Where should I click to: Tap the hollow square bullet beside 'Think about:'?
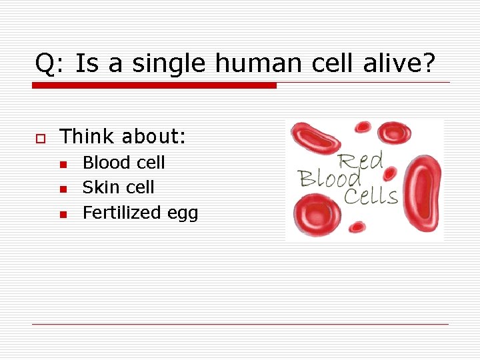[x=40, y=138]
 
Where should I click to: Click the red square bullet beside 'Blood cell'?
[x=62, y=164]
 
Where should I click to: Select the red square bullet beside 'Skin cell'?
[x=62, y=189]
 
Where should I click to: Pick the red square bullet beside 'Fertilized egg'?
[x=62, y=214]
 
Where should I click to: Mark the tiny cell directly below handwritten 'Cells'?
[x=359, y=227]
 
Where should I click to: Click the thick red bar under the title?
[x=154, y=85]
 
